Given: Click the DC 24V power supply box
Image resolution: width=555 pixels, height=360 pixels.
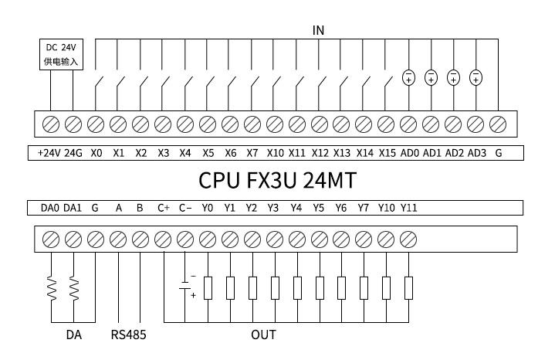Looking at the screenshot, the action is [61, 54].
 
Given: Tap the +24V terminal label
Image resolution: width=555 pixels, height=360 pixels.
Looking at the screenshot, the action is [49, 153].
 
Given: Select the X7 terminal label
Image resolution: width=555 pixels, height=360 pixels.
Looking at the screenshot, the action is [252, 153].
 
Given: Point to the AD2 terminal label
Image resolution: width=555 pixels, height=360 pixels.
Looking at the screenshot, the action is [454, 153].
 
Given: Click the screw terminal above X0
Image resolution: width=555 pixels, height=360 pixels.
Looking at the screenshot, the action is [96, 124].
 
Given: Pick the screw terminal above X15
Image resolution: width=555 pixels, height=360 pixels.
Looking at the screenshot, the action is [386, 124].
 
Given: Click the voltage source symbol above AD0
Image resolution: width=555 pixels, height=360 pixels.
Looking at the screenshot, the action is [409, 77].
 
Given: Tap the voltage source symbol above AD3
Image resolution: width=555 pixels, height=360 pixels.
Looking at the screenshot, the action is [475, 77].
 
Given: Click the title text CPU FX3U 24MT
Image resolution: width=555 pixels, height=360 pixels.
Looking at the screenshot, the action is [277, 180].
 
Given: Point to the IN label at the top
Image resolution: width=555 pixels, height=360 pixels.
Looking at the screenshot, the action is [318, 30].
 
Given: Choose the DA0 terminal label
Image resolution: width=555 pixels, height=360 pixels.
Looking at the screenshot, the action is [50, 208].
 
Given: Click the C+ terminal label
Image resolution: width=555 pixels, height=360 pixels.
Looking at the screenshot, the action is [164, 208].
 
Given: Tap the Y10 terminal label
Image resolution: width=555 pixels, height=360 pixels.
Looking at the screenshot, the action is [386, 208].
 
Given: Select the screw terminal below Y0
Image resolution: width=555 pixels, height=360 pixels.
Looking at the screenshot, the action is [208, 240].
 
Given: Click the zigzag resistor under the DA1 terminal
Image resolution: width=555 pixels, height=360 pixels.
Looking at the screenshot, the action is [73, 289].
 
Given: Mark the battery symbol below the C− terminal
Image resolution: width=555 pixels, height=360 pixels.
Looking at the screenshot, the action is [185, 285].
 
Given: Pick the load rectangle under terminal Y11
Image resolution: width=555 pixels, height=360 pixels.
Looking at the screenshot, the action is [408, 288].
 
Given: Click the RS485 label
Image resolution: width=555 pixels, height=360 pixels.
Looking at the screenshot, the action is [128, 335].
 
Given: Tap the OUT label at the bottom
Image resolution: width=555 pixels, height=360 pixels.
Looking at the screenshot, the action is [263, 335].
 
